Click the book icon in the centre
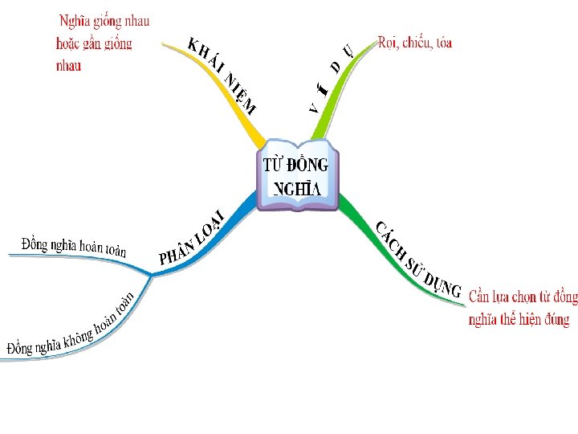tap(298, 178)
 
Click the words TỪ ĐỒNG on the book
tap(296, 166)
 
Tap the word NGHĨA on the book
tap(296, 189)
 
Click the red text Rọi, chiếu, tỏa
tap(414, 43)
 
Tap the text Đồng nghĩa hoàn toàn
tap(74, 245)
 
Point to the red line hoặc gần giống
tap(94, 43)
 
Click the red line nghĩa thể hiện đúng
tap(519, 319)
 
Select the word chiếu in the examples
tap(415, 43)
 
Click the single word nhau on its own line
tap(68, 66)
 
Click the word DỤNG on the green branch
tap(442, 285)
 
